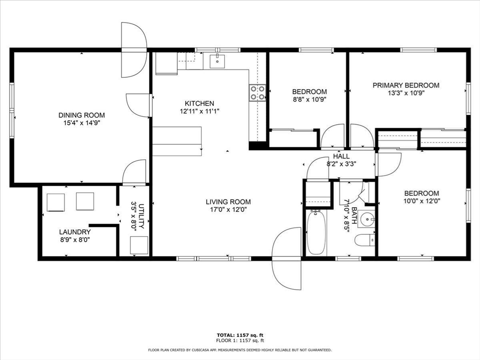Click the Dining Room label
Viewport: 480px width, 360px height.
82,115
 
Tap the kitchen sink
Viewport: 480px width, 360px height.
217,61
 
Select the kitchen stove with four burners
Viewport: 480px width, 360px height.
257,92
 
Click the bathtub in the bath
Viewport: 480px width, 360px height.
316,232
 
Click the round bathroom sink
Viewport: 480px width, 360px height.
368,219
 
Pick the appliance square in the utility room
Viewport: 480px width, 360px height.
139,245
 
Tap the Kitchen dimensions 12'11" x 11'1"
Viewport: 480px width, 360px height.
199,112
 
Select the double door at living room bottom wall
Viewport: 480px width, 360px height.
286,258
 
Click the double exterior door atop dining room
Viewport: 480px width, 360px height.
134,50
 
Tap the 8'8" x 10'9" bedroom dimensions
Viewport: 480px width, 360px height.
309,99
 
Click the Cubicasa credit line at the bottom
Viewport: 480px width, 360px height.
240,350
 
